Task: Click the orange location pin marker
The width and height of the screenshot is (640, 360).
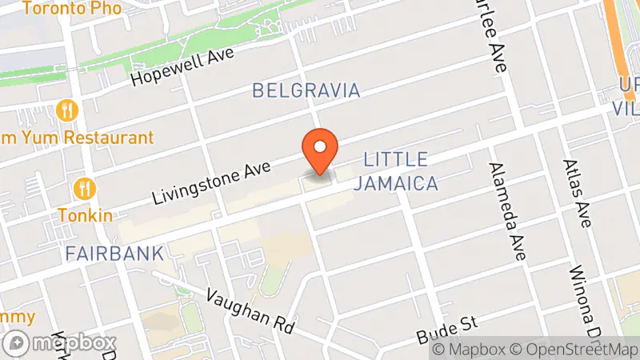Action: (x=320, y=151)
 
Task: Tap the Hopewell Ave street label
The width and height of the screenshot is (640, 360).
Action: (x=182, y=67)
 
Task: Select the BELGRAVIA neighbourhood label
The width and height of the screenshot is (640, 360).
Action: (x=306, y=90)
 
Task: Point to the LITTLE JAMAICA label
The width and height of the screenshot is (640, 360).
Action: (x=399, y=171)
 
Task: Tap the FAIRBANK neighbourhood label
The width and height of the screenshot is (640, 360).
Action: (x=114, y=254)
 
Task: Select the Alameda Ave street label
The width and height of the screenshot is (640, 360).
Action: (x=509, y=211)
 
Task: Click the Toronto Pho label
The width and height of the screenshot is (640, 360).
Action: (x=71, y=9)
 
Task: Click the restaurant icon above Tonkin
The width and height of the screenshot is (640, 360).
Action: (x=85, y=189)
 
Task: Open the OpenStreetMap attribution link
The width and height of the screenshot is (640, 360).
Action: (x=575, y=349)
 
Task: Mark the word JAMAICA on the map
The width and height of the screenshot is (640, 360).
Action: (x=399, y=183)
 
